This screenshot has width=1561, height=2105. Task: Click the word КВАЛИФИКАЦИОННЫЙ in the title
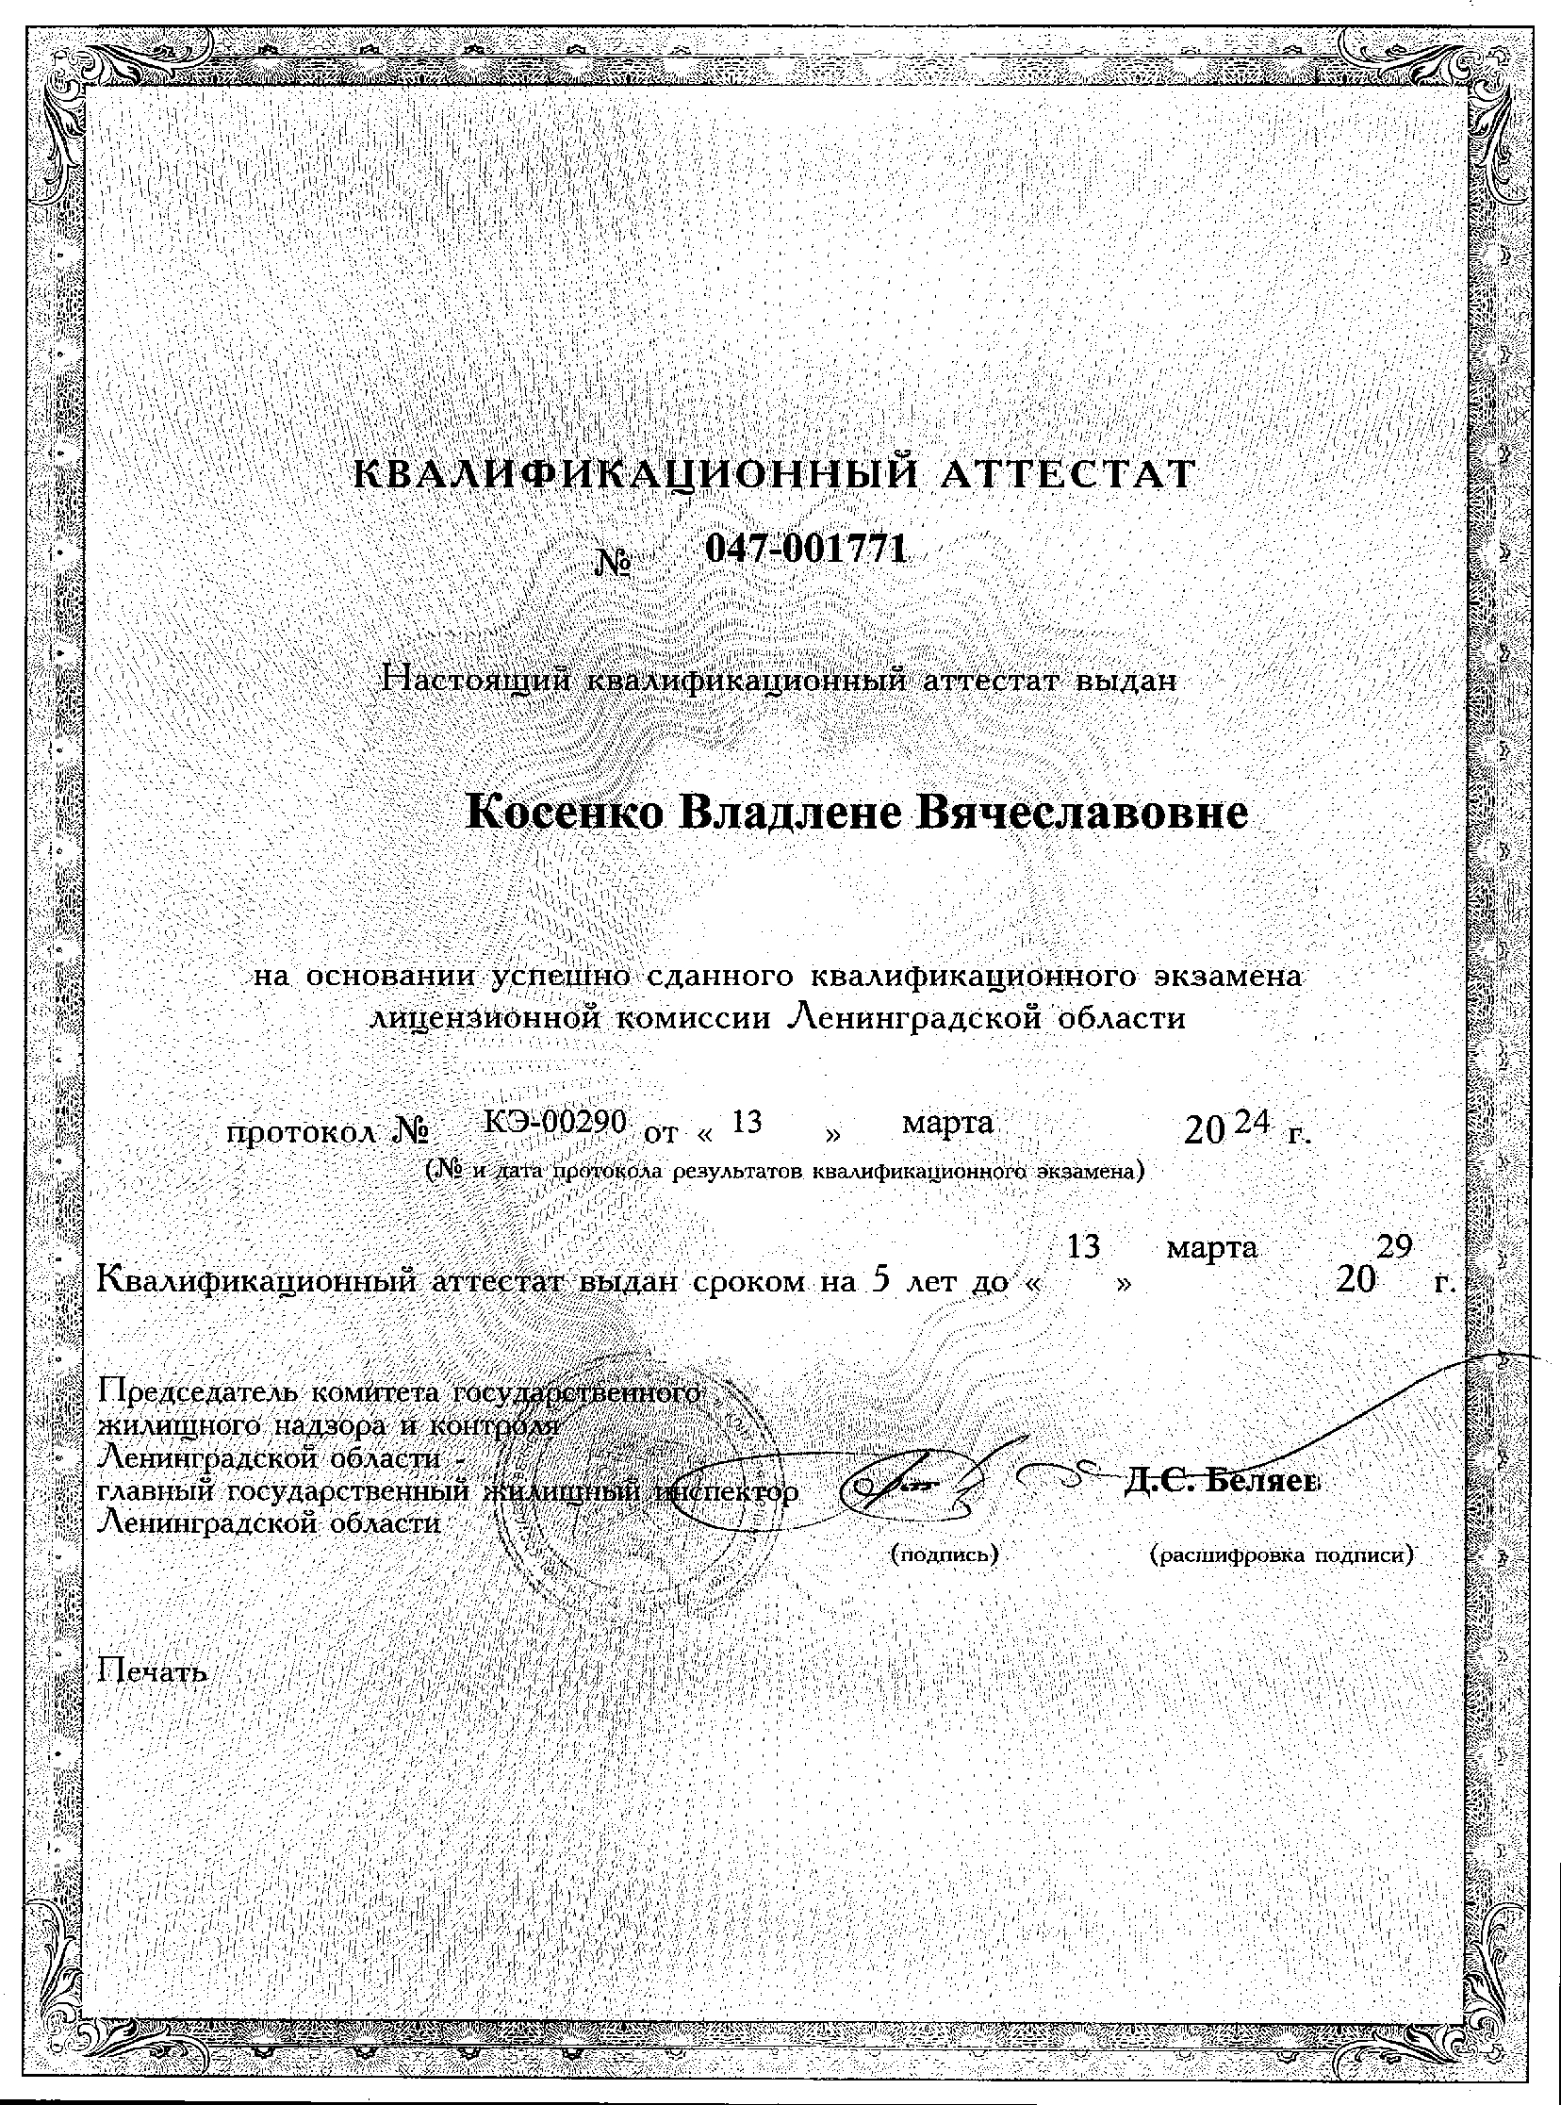coord(633,474)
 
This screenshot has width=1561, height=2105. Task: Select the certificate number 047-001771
coord(806,548)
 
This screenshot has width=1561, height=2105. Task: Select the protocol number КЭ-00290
coord(555,1122)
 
